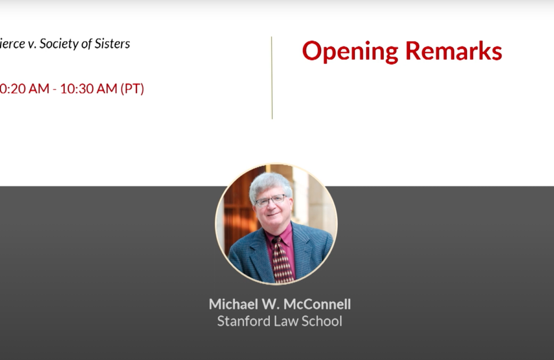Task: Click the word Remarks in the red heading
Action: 454,51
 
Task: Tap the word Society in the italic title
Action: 58,44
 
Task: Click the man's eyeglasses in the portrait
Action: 270,201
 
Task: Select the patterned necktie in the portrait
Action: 282,259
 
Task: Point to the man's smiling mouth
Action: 273,216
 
